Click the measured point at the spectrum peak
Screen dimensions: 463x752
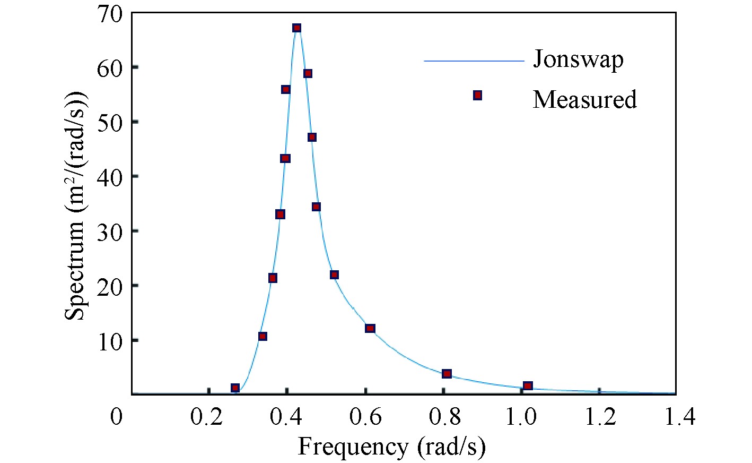tap(297, 28)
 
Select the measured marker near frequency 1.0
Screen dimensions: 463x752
tap(528, 385)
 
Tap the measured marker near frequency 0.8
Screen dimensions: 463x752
tap(447, 374)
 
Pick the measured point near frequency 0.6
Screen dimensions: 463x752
tap(370, 328)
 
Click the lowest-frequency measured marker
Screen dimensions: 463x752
tap(235, 388)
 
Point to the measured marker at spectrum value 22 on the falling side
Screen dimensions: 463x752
tap(334, 275)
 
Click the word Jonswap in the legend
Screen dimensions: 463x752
tap(578, 59)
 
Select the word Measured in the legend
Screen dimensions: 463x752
tap(584, 99)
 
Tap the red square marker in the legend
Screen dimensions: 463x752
tap(477, 95)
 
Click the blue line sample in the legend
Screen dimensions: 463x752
tap(474, 61)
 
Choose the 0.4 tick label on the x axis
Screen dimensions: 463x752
tap(286, 417)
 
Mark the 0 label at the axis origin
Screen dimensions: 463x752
tap(116, 417)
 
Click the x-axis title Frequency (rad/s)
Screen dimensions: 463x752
tap(391, 447)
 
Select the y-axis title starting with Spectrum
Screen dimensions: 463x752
tap(76, 204)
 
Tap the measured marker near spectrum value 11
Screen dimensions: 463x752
tap(263, 336)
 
